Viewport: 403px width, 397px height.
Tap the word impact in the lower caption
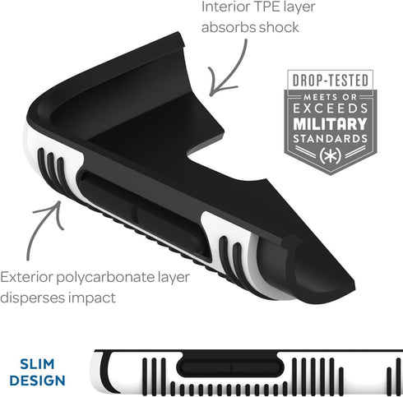[x=92, y=298]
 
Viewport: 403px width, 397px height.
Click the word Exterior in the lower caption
[x=26, y=277]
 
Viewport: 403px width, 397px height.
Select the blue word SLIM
[x=37, y=364]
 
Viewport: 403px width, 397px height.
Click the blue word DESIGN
[x=37, y=381]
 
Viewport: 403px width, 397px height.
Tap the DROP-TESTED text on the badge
[x=331, y=81]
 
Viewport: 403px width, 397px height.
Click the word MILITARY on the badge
[x=331, y=124]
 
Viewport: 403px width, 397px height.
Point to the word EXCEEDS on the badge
[x=331, y=108]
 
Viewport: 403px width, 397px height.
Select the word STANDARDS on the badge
[x=331, y=139]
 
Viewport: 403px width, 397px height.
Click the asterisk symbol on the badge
[x=331, y=156]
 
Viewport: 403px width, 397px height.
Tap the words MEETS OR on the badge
[x=331, y=97]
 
